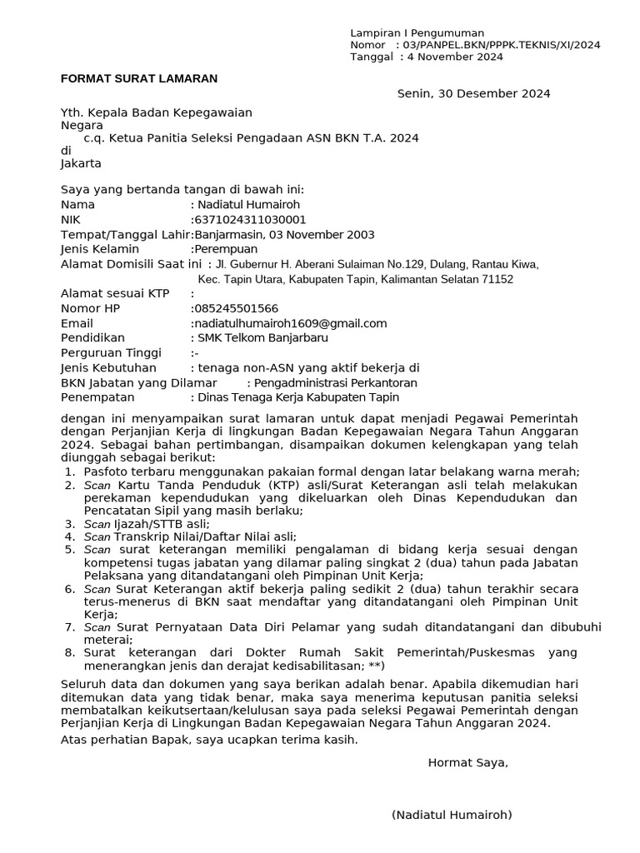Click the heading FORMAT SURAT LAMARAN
tap(139, 78)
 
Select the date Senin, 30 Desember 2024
tap(473, 93)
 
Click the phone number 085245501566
tap(236, 308)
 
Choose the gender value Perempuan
tap(226, 249)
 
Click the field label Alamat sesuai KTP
tap(115, 293)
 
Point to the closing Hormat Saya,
tap(467, 762)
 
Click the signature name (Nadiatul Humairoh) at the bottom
tap(452, 815)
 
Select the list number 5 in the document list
tap(69, 550)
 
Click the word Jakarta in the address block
tap(81, 163)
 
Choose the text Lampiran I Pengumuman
tap(417, 32)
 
